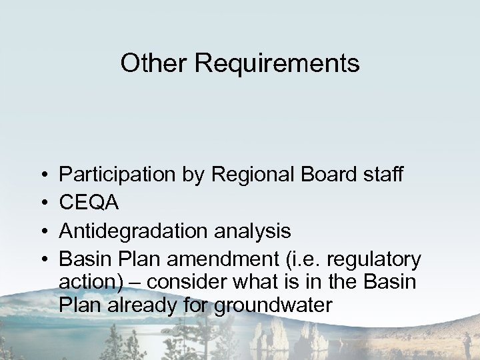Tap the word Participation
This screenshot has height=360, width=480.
(118, 175)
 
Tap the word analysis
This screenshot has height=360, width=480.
(251, 231)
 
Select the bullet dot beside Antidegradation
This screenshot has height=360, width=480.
(42, 231)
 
